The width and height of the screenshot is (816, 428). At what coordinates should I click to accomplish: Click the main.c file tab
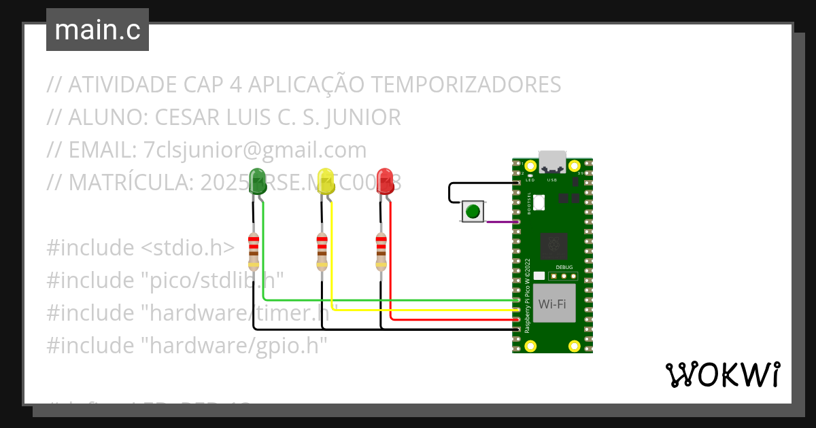pyautogui.click(x=97, y=30)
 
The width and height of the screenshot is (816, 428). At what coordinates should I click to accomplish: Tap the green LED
pyautogui.click(x=258, y=181)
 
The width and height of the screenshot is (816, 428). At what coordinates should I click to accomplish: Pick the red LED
pyautogui.click(x=386, y=181)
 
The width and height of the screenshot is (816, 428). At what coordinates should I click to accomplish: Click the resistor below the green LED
pyautogui.click(x=254, y=251)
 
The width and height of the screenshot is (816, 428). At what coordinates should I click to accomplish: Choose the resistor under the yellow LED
pyautogui.click(x=322, y=251)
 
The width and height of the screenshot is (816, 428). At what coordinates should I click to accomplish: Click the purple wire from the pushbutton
pyautogui.click(x=502, y=221)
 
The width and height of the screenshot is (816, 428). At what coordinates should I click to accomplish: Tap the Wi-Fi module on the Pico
pyautogui.click(x=552, y=304)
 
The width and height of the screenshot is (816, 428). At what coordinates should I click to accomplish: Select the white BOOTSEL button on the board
pyautogui.click(x=539, y=202)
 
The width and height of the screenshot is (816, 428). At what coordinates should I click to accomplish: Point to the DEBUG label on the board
pyautogui.click(x=564, y=268)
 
